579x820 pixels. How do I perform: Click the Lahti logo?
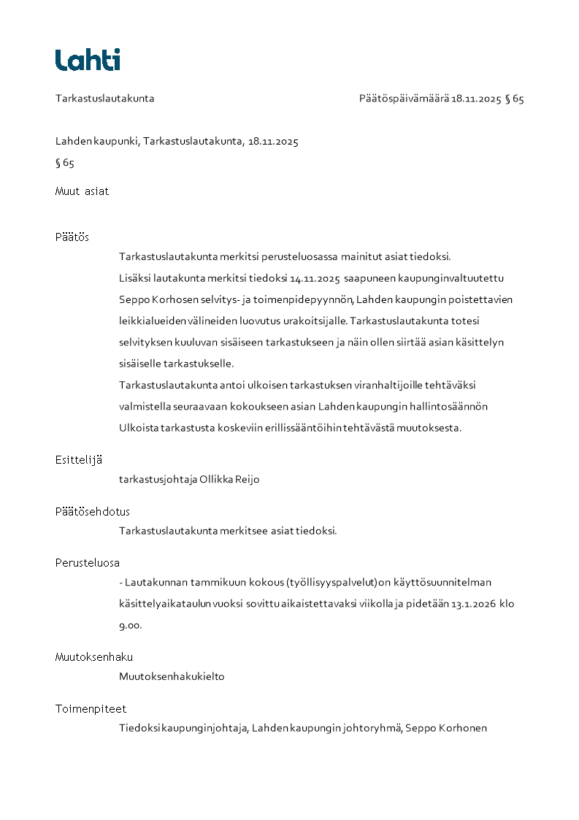pos(88,60)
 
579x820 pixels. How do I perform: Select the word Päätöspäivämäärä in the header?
pos(403,99)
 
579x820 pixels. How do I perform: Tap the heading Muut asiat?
pos(82,191)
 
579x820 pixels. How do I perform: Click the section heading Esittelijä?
pos(79,459)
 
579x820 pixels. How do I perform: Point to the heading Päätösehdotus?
pos(93,511)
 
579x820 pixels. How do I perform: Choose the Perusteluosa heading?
pos(88,562)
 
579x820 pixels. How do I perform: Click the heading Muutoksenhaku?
pos(94,656)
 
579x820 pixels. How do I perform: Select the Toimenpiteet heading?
pos(91,708)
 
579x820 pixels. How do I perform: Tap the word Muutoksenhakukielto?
pos(172,676)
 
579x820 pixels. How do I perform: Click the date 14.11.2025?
pos(315,278)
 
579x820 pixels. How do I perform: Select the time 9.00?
pos(130,625)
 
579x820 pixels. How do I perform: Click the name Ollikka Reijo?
pos(229,480)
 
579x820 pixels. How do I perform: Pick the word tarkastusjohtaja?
pos(158,480)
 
